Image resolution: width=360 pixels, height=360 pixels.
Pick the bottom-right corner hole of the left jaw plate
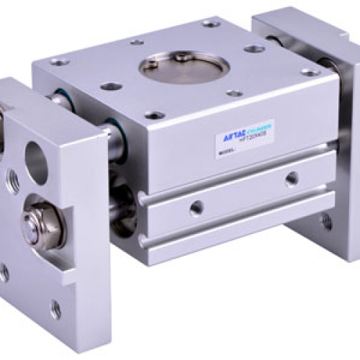click(55, 310)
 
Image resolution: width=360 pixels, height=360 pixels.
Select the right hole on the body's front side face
click(293, 176)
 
